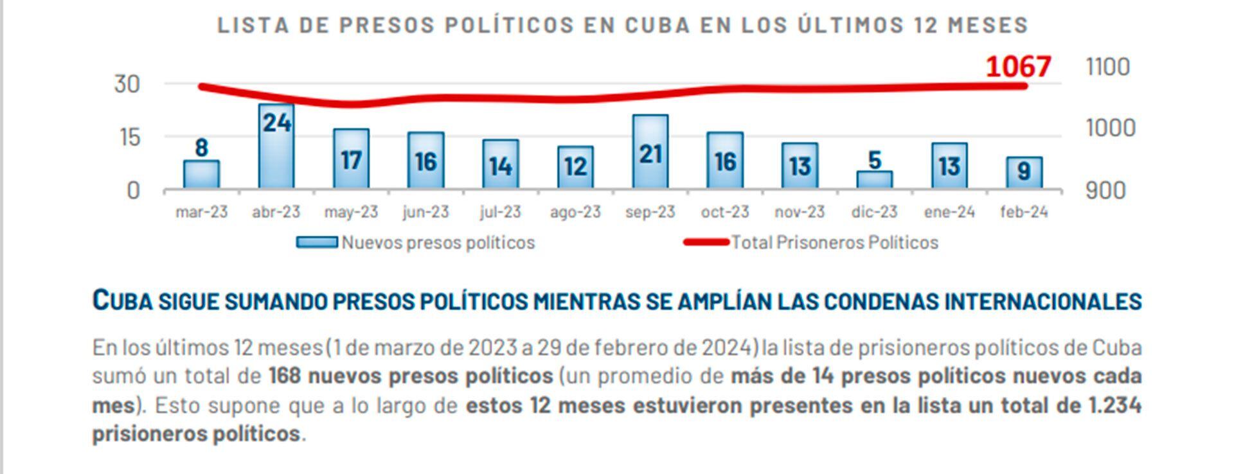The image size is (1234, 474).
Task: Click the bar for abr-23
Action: [x=276, y=146]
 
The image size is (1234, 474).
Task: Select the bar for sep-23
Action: [x=650, y=152]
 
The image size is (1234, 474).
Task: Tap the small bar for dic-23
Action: [x=874, y=179]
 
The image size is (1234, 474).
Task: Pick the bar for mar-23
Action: [x=201, y=174]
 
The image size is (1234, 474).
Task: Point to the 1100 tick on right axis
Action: [x=1107, y=67]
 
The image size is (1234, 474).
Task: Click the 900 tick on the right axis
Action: [x=1105, y=190]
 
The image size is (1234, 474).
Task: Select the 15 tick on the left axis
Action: [x=127, y=137]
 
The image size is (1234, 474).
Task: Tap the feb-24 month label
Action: [x=1024, y=212]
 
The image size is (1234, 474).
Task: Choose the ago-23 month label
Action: [x=575, y=212]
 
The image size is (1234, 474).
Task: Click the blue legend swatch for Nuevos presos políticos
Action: [x=316, y=242]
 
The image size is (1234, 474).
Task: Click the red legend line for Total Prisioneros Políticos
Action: [x=706, y=242]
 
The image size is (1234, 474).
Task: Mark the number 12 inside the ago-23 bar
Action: [x=575, y=167]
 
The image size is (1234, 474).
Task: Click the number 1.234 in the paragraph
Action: [x=1114, y=405]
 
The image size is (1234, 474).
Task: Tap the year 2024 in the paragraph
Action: [x=727, y=347]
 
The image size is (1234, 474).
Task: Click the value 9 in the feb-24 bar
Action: [x=1024, y=171]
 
